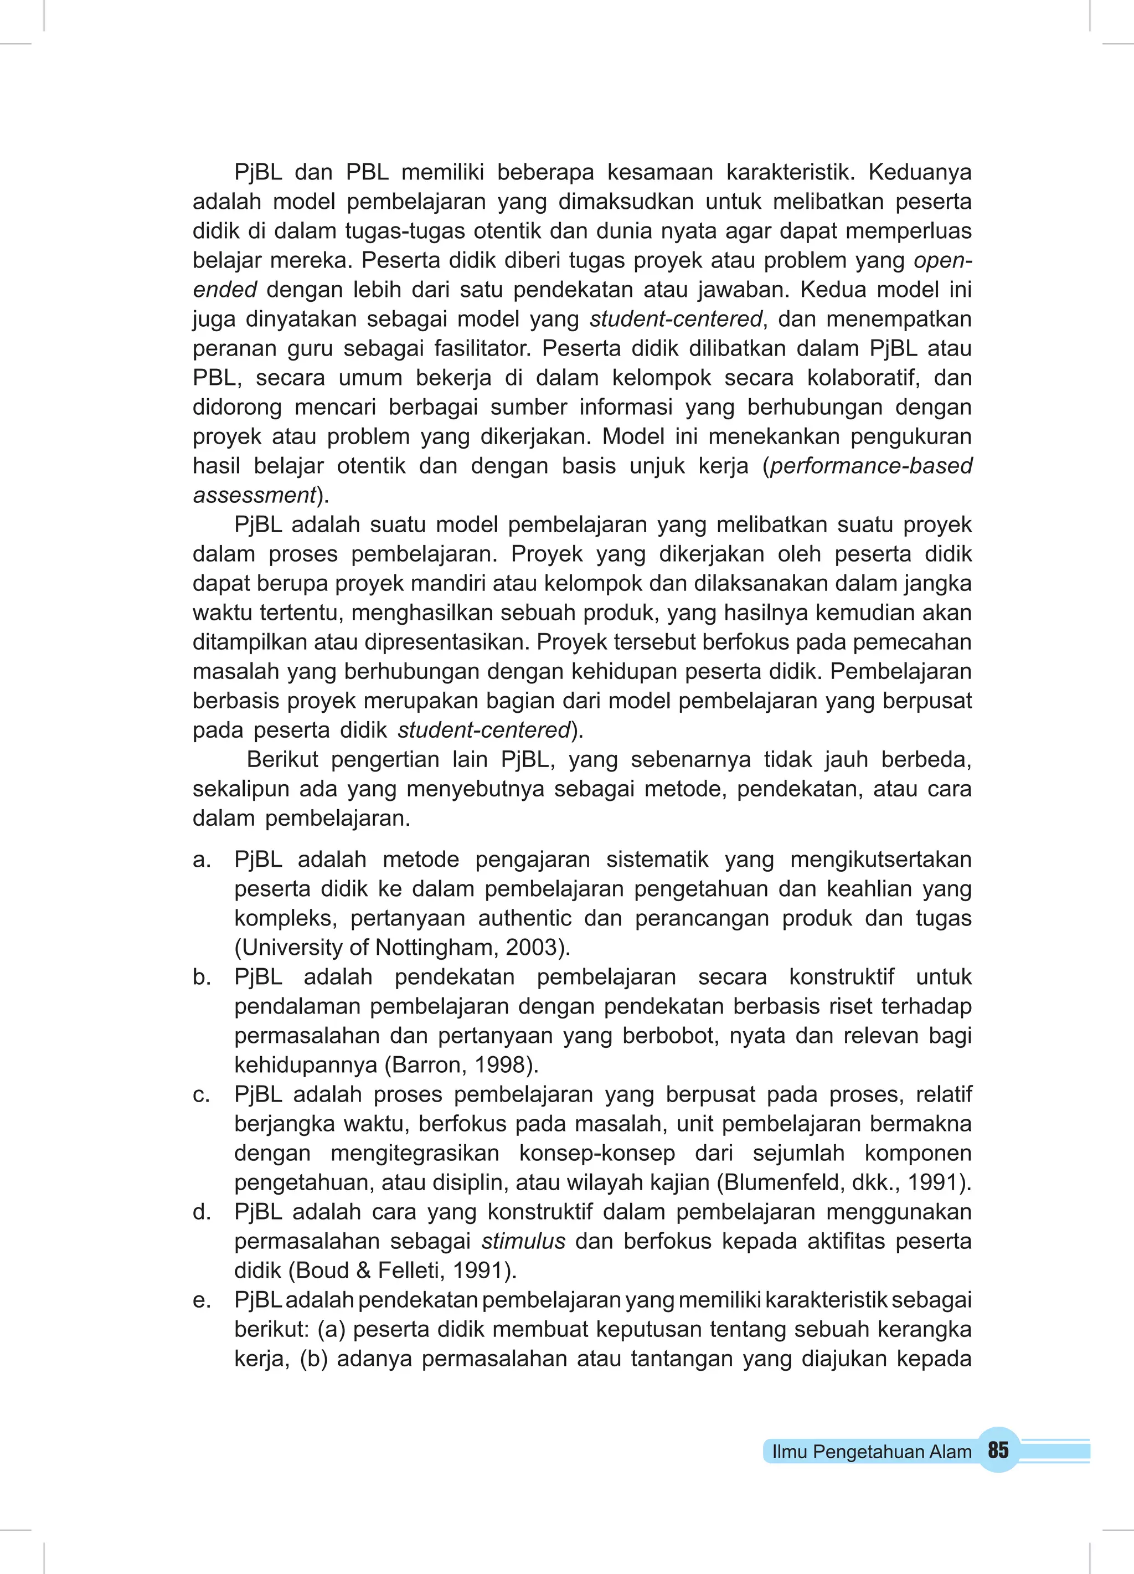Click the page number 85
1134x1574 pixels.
coord(998,1450)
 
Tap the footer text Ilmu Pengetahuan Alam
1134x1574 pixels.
coord(872,1451)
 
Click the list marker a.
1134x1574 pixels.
coord(201,860)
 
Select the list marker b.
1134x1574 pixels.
coord(201,977)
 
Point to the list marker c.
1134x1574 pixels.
coord(201,1094)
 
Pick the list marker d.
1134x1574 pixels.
coord(201,1212)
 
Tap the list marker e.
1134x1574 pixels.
coord(201,1300)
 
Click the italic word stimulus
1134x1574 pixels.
coord(524,1241)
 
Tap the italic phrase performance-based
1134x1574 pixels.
coord(871,466)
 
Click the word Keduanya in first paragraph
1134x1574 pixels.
coord(920,172)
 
